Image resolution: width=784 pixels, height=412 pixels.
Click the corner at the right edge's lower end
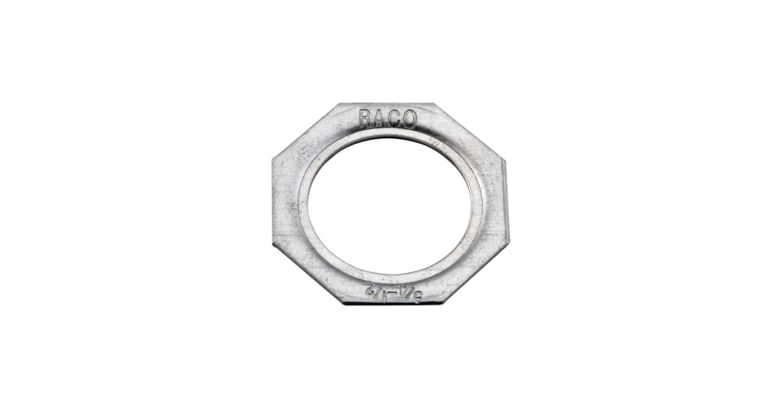click(x=508, y=244)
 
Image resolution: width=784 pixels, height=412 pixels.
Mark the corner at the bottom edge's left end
click(x=342, y=302)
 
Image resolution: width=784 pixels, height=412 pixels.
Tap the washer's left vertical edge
click(x=273, y=201)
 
